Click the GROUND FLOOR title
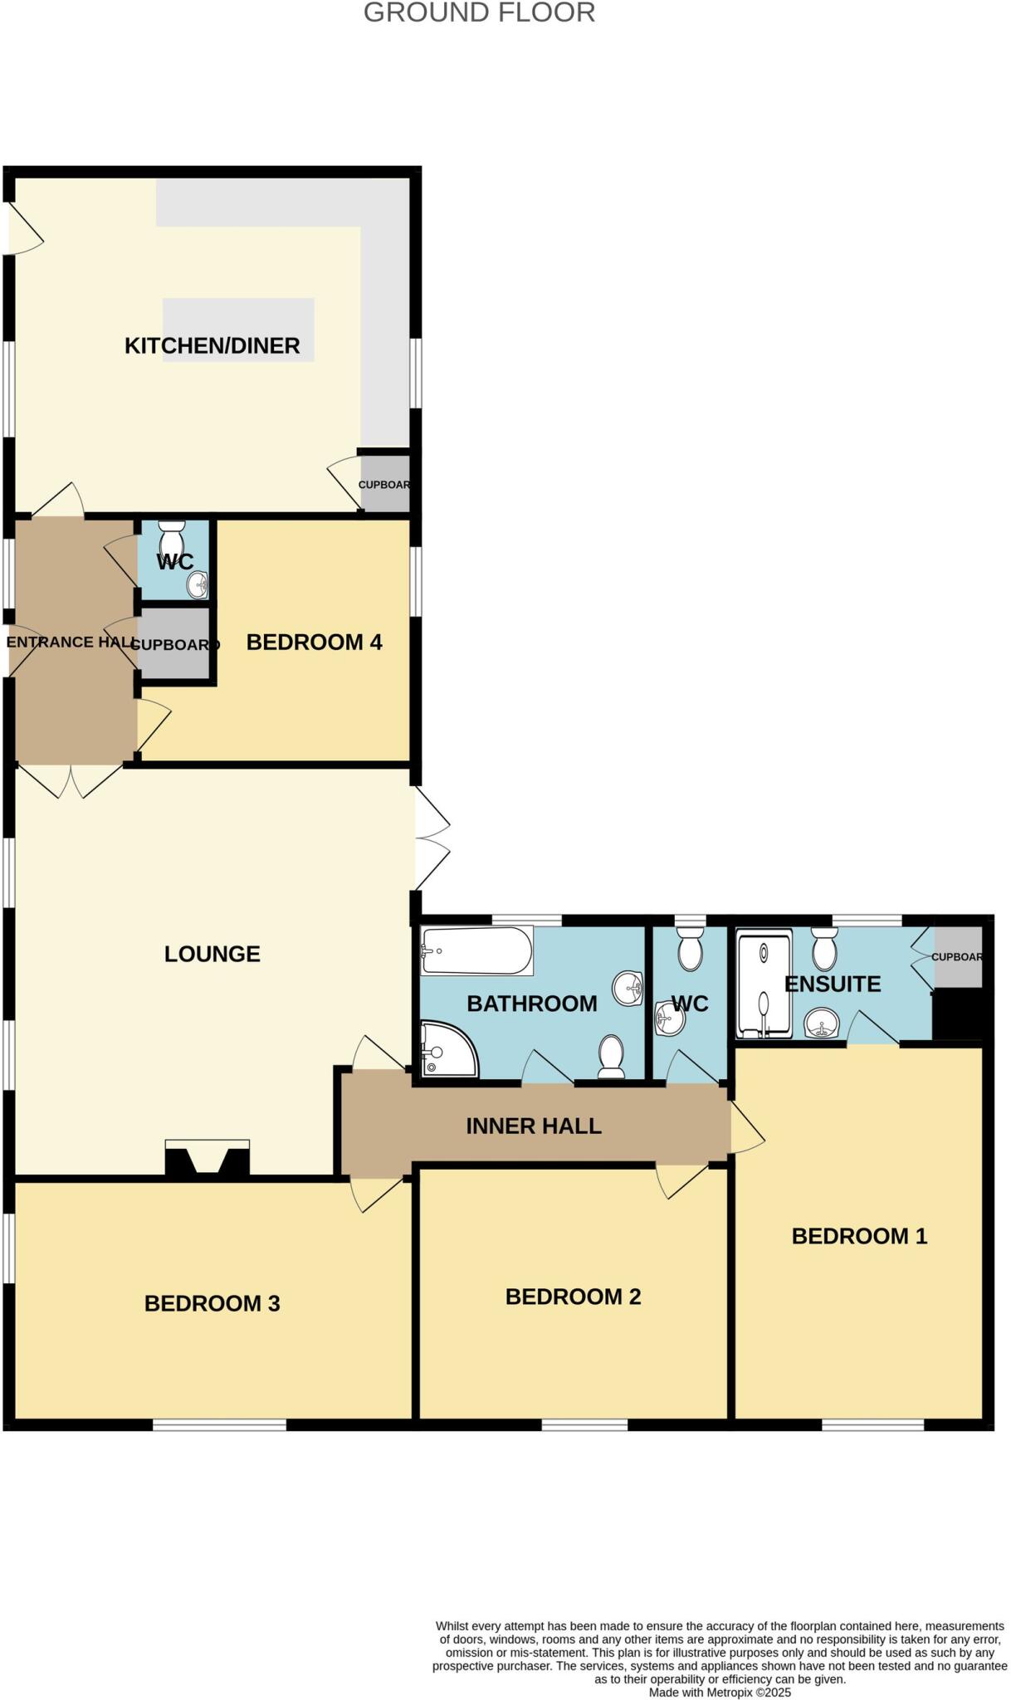tap(479, 13)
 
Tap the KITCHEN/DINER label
tap(212, 345)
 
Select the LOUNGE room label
tap(212, 954)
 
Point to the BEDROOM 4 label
tap(314, 642)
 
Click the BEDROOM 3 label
tap(212, 1303)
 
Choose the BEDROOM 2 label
tap(573, 1297)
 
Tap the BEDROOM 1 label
tap(859, 1236)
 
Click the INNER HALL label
tap(533, 1126)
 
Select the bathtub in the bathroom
tap(476, 950)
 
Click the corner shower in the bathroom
tap(446, 1049)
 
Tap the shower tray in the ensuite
tap(764, 984)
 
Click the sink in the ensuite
tap(822, 1023)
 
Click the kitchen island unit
tap(239, 329)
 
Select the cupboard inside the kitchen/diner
tap(384, 484)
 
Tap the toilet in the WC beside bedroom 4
tap(172, 535)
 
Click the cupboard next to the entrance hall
tap(173, 644)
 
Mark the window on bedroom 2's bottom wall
tap(584, 1425)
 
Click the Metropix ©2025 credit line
tap(720, 1693)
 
